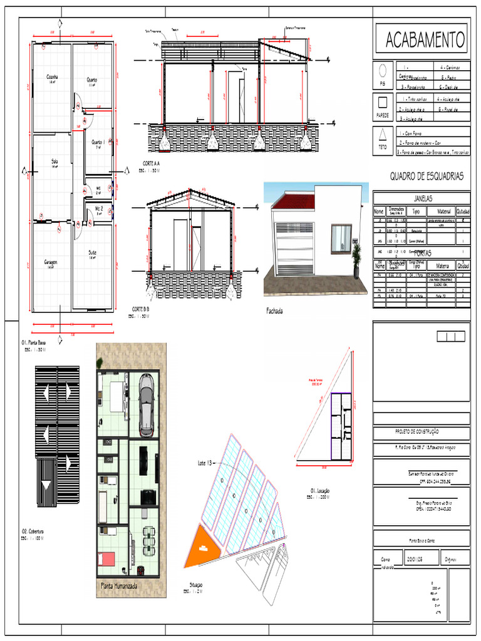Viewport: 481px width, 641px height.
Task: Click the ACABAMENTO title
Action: coord(425,40)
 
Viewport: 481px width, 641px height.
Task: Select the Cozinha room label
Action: coord(53,78)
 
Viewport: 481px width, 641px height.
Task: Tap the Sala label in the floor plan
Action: coord(54,162)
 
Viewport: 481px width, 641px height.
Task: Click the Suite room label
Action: coord(92,252)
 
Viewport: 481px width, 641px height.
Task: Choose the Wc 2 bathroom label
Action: coord(99,208)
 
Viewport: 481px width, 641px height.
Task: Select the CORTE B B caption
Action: coord(140,309)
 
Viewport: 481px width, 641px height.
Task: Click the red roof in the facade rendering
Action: coord(291,202)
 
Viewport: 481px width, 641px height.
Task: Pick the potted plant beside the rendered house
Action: coord(356,258)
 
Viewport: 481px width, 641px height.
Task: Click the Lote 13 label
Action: coord(205,463)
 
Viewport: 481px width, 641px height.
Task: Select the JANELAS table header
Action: coord(422,198)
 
